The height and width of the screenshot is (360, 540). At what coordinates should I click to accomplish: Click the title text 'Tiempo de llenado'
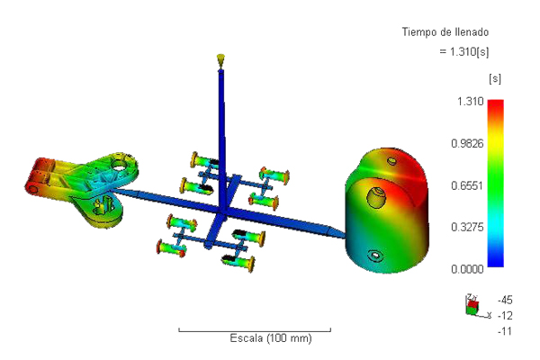click(445, 32)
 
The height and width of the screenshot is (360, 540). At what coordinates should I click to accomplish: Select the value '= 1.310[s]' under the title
click(464, 51)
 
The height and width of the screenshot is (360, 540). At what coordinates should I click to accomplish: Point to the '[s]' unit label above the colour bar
click(495, 79)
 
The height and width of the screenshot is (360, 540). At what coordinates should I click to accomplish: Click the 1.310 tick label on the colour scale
click(470, 102)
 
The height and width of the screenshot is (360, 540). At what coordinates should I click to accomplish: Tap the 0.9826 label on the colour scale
click(467, 143)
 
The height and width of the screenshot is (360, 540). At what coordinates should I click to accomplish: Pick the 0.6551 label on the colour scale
click(467, 185)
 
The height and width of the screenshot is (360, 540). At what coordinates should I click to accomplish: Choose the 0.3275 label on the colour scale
click(467, 228)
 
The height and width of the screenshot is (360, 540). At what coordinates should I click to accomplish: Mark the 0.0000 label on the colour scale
click(467, 269)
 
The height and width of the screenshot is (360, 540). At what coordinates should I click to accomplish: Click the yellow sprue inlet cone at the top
click(220, 59)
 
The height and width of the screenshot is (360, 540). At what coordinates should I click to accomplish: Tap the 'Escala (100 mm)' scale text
click(271, 338)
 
